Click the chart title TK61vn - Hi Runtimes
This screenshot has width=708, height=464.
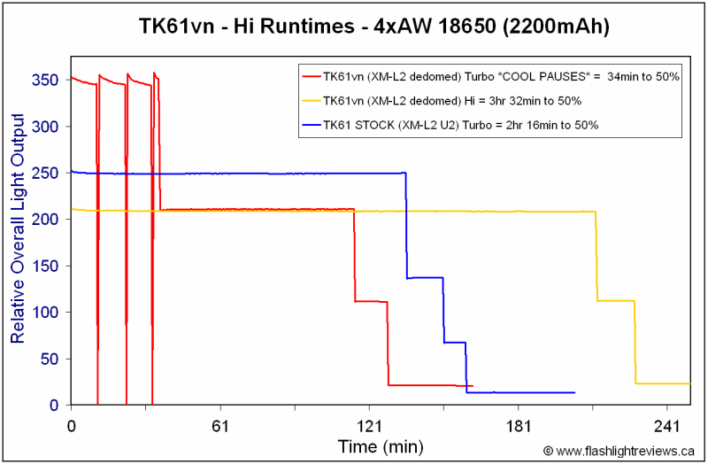point(247,27)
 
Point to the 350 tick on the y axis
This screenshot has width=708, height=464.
point(45,80)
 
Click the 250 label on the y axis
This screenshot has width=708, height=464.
point(45,173)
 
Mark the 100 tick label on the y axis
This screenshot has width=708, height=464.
point(45,313)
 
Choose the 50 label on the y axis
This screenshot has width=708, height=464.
point(50,359)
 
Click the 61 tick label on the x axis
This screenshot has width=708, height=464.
point(220,426)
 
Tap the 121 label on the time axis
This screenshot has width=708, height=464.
point(369,426)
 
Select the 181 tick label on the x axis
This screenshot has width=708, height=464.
point(518,426)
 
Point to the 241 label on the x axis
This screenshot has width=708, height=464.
point(666,426)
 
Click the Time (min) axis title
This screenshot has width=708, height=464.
point(381,446)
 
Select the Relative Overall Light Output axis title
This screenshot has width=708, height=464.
point(18,229)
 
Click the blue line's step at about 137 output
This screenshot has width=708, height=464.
point(425,278)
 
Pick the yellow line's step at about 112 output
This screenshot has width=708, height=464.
point(616,301)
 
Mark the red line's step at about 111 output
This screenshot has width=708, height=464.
point(371,301)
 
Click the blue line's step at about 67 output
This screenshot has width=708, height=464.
point(455,343)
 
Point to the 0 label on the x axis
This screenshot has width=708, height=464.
point(72,426)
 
